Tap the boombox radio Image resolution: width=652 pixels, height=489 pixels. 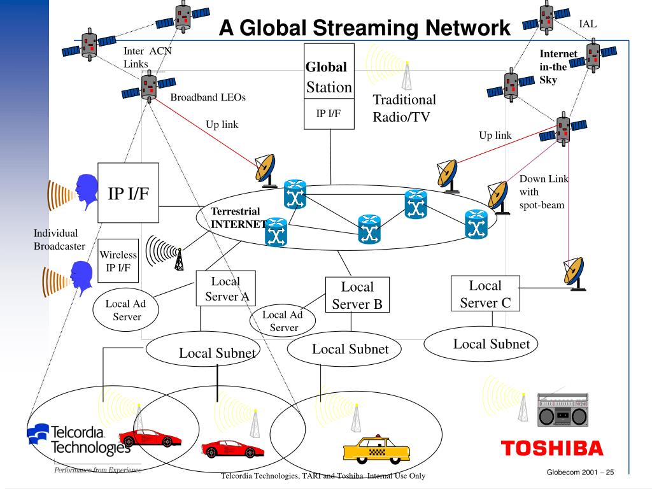pos(563,409)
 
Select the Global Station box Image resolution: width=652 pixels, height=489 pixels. pos(329,86)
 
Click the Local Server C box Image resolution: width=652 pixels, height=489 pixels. pos(485,294)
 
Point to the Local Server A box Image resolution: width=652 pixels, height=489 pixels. pos(225,288)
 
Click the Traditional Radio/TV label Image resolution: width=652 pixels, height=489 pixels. pos(404,108)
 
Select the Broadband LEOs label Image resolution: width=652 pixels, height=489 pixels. pos(208,98)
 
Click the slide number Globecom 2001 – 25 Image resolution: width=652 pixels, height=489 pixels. pos(578,472)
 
